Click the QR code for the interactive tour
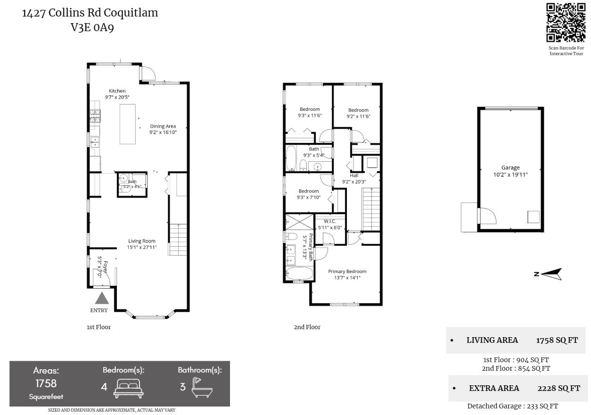pos(566,23)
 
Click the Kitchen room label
pos(117,91)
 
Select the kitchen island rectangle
pos(128,124)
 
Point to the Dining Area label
pos(163,126)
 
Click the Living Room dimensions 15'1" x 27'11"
pos(142,248)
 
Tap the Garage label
pos(510,167)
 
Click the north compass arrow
pos(551,274)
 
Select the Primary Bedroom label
pos(347,271)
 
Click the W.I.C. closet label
pos(330,221)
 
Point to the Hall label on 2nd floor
pos(354,175)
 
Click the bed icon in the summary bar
pos(129,388)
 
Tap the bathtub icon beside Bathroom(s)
pos(202,387)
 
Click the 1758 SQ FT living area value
pos(557,340)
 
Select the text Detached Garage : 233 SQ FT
pos(513,406)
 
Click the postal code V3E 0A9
pos(92,27)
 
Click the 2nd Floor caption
pos(307,327)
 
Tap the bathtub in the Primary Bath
pos(299,274)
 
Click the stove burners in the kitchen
pos(95,116)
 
